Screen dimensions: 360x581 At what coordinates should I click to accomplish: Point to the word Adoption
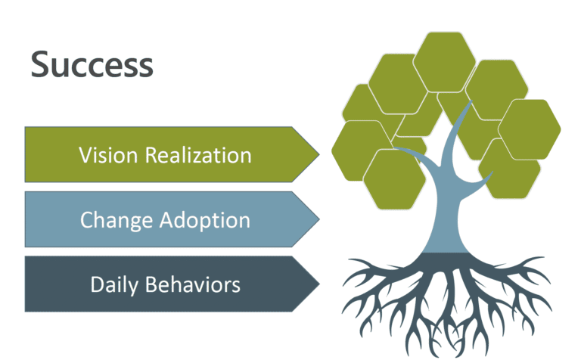coord(206,220)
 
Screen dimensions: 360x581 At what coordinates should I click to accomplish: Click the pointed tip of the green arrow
coord(318,154)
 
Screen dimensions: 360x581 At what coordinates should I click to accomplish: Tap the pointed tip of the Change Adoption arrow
coord(318,219)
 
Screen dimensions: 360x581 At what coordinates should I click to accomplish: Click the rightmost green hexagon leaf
coord(530,129)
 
